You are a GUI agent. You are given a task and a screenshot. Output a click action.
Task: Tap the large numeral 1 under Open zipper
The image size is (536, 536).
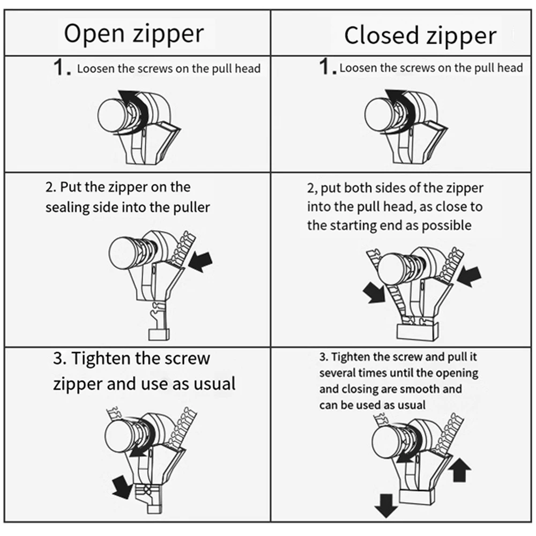[61, 68]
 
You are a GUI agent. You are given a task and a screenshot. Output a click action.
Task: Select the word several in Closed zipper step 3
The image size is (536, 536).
[338, 373]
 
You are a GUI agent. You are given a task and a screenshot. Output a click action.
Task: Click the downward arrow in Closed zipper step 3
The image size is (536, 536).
[384, 505]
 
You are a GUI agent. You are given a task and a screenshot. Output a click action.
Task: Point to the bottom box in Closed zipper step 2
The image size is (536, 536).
[418, 331]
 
